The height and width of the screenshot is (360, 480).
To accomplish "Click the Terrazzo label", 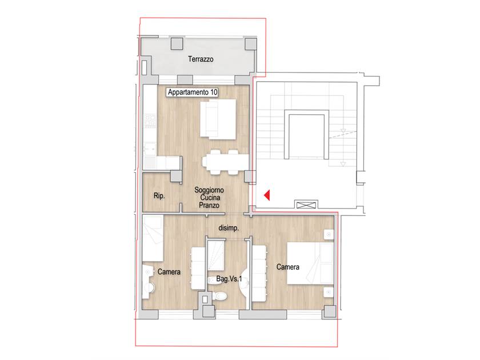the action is (x=201, y=59).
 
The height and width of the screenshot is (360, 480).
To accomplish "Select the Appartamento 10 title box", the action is (x=193, y=92).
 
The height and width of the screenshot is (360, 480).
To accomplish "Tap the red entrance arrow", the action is (x=267, y=195).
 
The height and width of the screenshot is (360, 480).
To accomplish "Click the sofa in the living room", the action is (x=218, y=119).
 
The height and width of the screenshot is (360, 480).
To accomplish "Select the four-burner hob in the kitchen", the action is (x=150, y=121).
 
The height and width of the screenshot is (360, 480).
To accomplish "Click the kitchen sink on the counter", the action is (x=150, y=149).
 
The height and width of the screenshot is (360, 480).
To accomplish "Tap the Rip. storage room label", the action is (x=159, y=195).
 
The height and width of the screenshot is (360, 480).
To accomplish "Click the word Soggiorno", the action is (x=209, y=190).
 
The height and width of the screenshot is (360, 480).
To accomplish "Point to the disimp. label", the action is (x=229, y=228).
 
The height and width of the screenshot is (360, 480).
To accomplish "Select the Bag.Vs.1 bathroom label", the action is (x=229, y=279).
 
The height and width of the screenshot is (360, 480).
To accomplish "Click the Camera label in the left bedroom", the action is (x=169, y=272).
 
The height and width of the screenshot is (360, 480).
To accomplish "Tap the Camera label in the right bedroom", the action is (x=288, y=267).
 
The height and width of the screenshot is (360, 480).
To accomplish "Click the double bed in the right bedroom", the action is (x=310, y=263).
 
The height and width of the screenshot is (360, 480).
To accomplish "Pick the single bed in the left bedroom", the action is (x=153, y=238).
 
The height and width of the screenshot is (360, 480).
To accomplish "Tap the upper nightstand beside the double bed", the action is (x=329, y=234).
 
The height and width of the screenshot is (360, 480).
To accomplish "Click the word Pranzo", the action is (x=209, y=205).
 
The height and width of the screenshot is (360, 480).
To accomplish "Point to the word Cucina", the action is (x=210, y=198).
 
